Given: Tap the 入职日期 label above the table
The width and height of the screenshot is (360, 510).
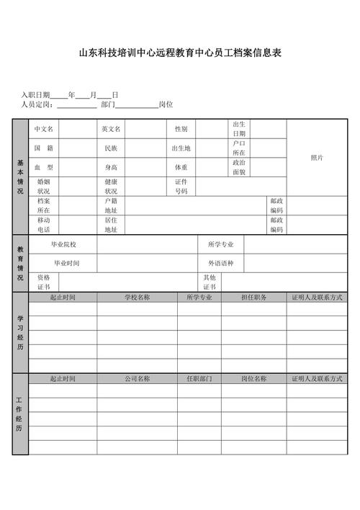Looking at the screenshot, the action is (x=35, y=94).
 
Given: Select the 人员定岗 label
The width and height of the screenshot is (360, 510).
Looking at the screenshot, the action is (x=37, y=104).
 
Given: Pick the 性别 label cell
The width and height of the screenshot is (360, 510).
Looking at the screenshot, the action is (x=181, y=129).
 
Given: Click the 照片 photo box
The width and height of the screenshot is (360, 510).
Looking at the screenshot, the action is (x=317, y=158).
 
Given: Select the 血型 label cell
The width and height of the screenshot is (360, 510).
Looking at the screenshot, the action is (x=44, y=167).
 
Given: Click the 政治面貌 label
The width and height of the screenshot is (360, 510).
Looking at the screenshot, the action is (x=239, y=167).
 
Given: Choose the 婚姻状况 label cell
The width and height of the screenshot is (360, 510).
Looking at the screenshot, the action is (x=44, y=187).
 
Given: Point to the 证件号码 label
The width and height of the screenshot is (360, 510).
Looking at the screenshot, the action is (x=181, y=187).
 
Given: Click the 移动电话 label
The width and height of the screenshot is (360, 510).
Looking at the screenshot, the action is (x=44, y=224).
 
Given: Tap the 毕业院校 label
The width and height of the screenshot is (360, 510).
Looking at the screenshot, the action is (x=63, y=244).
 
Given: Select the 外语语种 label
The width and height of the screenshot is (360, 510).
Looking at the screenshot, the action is (x=221, y=263).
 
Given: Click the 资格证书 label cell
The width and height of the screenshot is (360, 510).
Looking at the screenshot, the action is (x=44, y=282).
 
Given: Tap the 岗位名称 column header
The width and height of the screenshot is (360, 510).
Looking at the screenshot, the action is (x=253, y=378).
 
